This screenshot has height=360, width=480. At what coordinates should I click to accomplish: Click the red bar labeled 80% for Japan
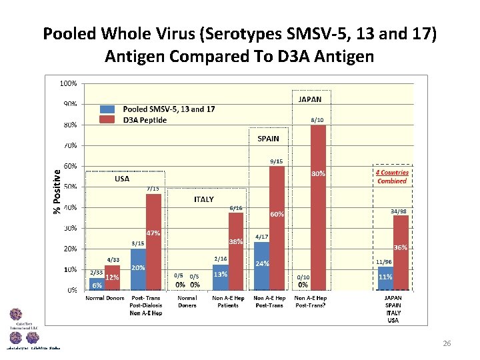(318, 207)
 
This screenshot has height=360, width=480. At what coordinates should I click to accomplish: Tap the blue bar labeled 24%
(261, 266)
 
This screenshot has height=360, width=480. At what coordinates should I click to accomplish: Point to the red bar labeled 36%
(401, 253)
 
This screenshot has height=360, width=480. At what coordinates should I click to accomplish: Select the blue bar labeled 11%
(385, 279)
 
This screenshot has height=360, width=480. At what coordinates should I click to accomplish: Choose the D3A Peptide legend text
(145, 119)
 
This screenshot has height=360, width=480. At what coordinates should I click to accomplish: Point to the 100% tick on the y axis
(69, 84)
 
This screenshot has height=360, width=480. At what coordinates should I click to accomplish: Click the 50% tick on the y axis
(69, 187)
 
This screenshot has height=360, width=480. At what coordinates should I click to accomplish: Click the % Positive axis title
(57, 191)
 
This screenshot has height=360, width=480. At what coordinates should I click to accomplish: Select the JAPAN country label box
(309, 99)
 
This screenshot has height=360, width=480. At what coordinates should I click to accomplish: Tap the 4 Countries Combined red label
(392, 176)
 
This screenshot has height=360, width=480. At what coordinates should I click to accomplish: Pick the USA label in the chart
(122, 179)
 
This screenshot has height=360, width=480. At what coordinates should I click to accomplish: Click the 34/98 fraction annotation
(399, 211)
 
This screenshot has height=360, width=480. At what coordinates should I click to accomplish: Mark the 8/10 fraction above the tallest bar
(318, 120)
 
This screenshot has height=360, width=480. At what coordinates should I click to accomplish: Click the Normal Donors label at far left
(105, 298)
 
